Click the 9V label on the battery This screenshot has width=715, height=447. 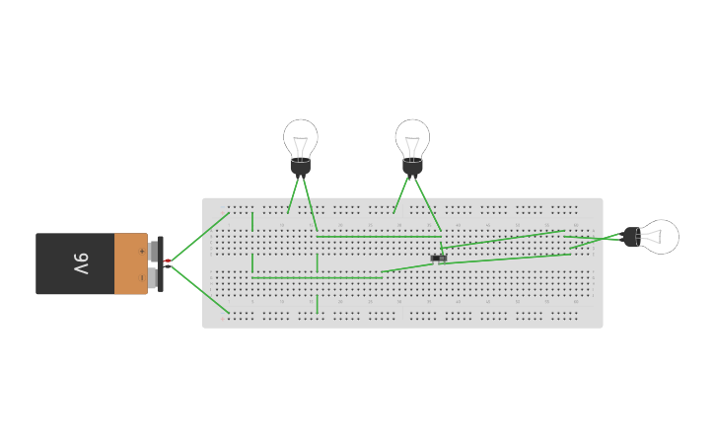81,263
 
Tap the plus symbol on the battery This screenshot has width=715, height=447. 141,252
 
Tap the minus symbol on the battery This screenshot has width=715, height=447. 141,277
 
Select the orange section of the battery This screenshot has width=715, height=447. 130,263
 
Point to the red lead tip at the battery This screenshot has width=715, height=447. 168,261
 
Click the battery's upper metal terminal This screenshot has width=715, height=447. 153,250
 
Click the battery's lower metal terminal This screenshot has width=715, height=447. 153,278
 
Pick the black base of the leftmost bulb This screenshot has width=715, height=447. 301,166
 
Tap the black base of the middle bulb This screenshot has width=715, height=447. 412,166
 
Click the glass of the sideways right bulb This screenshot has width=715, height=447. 661,237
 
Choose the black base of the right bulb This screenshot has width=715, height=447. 632,237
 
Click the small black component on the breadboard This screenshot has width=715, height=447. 439,259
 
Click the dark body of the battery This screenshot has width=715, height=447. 74,263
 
